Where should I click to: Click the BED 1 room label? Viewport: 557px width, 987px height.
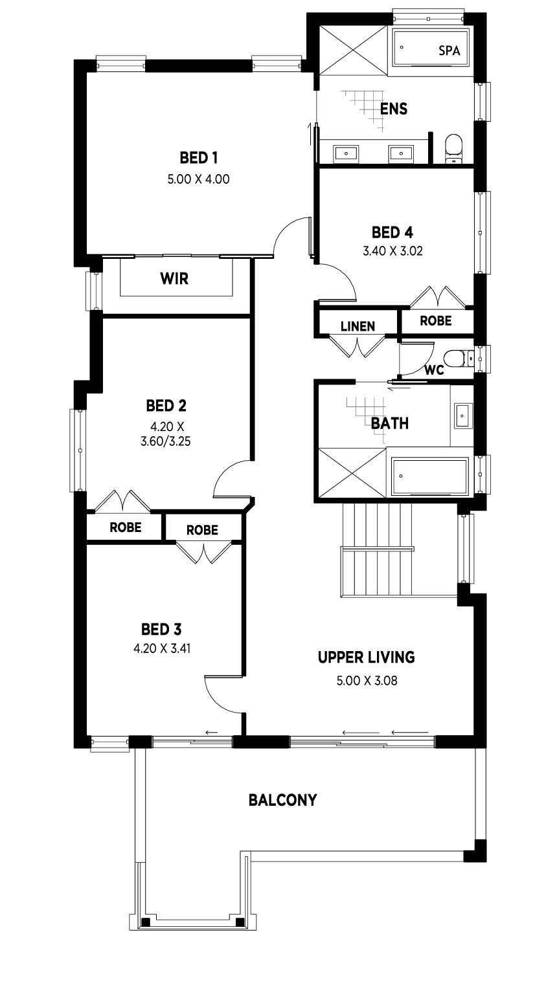tap(198, 157)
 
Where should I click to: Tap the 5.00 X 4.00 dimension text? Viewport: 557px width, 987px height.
tap(198, 179)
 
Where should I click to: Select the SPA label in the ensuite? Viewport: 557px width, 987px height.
tap(449, 50)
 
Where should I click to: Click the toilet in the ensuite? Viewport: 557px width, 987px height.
tap(454, 148)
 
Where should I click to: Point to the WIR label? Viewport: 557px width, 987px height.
tap(174, 278)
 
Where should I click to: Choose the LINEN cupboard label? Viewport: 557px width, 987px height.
tap(358, 326)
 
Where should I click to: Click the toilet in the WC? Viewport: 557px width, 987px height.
tap(457, 359)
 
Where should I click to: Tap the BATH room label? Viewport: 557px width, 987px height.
tap(390, 423)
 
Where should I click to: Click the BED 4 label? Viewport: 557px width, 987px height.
tap(392, 232)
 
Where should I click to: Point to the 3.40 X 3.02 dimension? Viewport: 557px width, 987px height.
tap(392, 251)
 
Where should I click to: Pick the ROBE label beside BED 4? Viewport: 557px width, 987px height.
tap(436, 321)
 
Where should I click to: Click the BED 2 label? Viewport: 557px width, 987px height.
tap(166, 405)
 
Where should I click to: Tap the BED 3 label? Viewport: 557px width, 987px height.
tap(161, 629)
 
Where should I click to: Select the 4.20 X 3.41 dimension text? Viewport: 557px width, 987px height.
tap(162, 649)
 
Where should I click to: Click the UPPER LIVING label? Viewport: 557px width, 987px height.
tap(367, 658)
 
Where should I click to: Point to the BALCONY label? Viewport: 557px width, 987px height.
tap(282, 800)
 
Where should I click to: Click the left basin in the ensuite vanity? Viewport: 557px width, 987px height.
tap(347, 154)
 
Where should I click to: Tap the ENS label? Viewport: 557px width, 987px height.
tap(394, 109)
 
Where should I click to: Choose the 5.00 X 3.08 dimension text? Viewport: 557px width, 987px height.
tap(367, 681)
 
